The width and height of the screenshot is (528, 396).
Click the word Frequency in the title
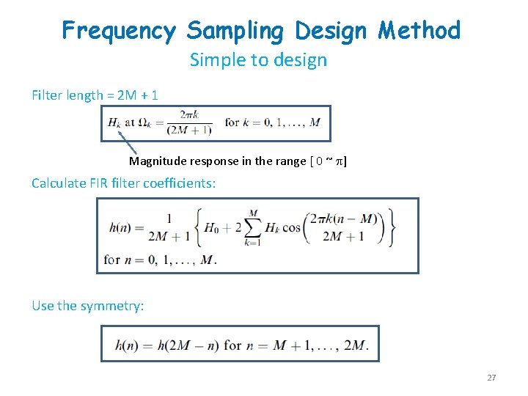[119, 31]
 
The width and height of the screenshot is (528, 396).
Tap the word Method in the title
[419, 31]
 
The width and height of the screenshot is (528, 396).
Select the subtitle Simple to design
[258, 60]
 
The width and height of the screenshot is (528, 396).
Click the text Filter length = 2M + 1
[95, 95]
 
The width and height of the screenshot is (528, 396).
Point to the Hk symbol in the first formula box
[114, 122]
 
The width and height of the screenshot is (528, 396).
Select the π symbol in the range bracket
[337, 161]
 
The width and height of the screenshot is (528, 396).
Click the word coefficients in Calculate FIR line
[176, 183]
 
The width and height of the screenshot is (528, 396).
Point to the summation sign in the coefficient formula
[254, 227]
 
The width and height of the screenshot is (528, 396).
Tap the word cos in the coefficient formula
[291, 227]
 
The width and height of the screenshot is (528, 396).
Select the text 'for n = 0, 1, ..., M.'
[161, 260]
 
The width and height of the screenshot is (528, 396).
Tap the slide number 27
[491, 378]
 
